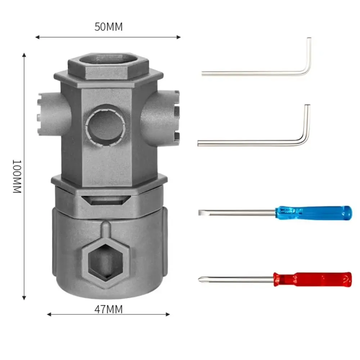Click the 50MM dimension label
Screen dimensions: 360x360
(x=108, y=27)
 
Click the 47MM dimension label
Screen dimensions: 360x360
(x=108, y=309)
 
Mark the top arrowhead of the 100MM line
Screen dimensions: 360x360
(x=24, y=55)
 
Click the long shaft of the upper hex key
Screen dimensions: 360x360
(x=252, y=73)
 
